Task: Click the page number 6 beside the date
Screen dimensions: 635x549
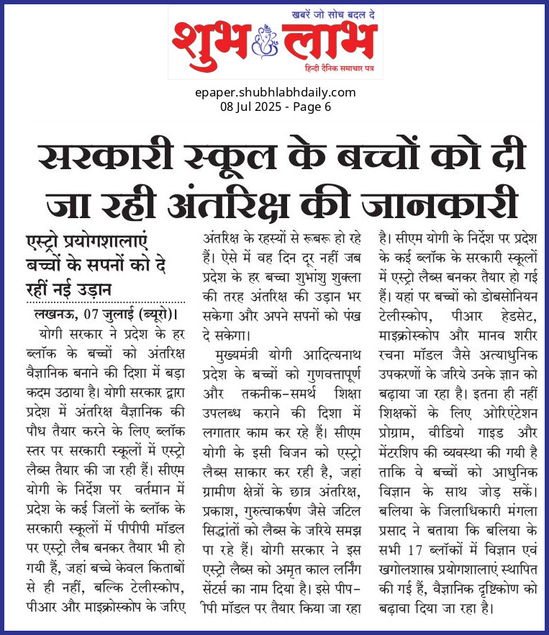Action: (x=327, y=107)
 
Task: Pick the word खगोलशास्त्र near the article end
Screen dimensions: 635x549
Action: (x=410, y=578)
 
